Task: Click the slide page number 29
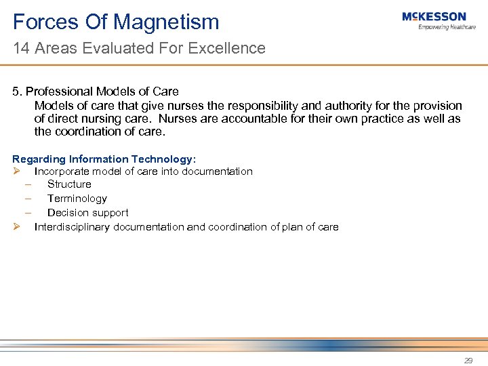coord(468,361)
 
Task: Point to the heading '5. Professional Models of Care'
coord(96,91)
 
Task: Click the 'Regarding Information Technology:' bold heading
coord(104,159)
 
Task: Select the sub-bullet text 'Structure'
coord(69,184)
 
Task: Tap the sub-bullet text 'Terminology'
coord(77,199)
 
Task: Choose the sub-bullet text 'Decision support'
coord(87,213)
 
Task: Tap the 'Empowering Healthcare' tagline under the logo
coord(447,27)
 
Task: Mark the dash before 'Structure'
coord(29,184)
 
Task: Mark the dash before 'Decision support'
coord(29,213)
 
